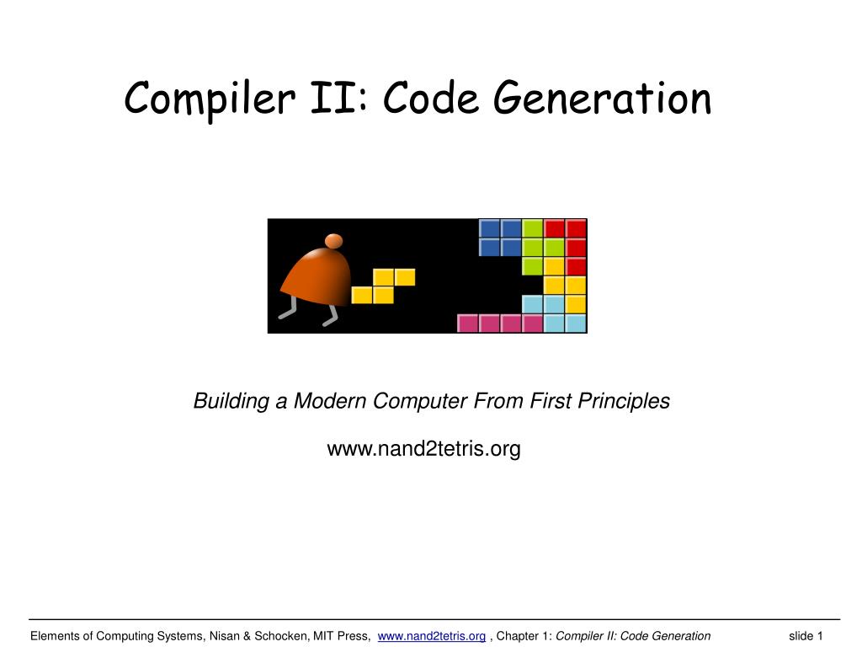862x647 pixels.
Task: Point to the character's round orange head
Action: pos(333,241)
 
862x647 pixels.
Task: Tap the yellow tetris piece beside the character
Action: pos(383,286)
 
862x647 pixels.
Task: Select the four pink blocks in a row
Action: pos(500,323)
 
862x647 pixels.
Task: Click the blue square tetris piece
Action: pos(500,238)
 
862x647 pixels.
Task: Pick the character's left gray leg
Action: pos(288,312)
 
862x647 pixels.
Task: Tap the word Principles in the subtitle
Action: pos(624,401)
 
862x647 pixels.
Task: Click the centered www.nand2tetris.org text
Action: pos(423,449)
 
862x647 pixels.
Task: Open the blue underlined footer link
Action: pos(432,636)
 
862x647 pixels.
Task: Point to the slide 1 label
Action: pos(806,636)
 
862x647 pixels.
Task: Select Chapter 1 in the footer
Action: pos(524,636)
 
